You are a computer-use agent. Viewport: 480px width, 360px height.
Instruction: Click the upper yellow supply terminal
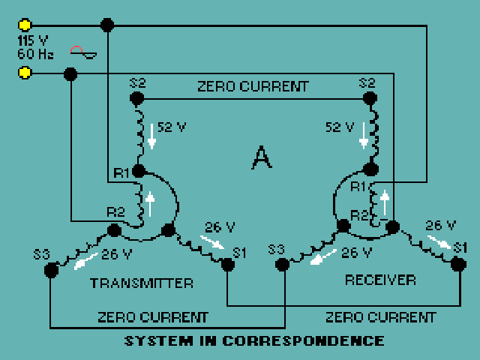25,25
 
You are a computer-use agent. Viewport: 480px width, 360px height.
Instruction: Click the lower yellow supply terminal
25,73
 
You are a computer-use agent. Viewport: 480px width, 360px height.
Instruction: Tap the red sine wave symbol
82,52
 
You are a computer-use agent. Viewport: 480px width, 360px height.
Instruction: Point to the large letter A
260,157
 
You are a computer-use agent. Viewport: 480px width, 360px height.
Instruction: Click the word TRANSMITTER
142,283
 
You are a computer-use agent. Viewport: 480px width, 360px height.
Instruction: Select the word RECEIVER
380,280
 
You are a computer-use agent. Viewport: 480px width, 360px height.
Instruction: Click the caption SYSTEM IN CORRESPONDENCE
254,341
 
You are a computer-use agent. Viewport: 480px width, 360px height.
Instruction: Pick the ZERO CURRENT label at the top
253,86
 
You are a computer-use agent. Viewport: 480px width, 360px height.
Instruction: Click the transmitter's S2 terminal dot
136,98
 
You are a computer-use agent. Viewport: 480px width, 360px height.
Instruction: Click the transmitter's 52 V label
171,127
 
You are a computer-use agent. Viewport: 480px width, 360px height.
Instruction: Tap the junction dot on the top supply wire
107,25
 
